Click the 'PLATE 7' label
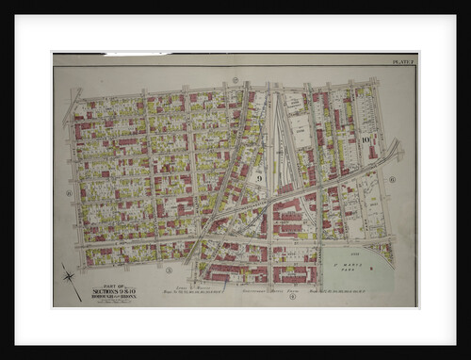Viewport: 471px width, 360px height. (402, 61)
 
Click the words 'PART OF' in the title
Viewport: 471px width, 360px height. (111, 286)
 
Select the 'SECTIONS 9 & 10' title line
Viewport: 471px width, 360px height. (111, 291)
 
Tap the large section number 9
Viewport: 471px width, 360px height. (257, 176)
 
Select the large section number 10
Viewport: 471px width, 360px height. (364, 139)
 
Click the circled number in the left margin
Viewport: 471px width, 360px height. (69, 193)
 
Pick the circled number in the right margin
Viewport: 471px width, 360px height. (392, 178)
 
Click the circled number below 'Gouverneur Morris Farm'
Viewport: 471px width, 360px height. (292, 298)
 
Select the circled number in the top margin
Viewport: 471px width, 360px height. (234, 80)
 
